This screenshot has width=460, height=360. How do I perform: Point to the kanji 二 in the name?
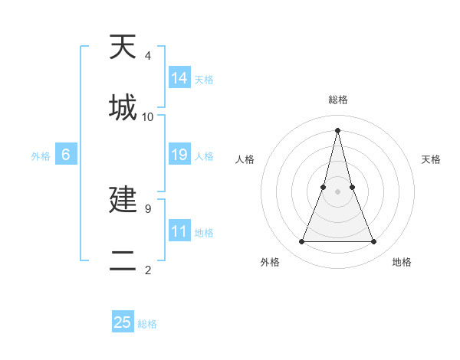click(123, 260)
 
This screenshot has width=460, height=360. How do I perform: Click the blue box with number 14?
click(179, 78)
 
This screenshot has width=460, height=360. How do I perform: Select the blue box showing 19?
click(179, 155)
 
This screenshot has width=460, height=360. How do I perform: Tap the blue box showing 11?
click(179, 231)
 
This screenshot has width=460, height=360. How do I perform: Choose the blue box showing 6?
click(66, 155)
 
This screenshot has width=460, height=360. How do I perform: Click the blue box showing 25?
click(123, 322)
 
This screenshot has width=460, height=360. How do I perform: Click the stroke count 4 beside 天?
click(148, 56)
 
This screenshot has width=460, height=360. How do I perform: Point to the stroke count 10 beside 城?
click(148, 117)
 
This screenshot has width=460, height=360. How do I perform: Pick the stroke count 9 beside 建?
click(148, 208)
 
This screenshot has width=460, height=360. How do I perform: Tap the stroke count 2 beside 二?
click(148, 270)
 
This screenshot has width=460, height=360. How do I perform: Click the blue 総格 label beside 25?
click(148, 324)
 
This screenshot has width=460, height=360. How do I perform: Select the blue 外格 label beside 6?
click(41, 156)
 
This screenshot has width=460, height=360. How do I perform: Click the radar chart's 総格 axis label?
click(337, 100)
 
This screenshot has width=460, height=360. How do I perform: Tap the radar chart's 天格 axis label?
click(431, 159)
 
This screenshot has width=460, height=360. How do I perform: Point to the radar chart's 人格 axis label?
click(245, 159)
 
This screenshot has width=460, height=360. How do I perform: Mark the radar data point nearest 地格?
click(374, 242)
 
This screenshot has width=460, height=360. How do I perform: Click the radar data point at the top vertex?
click(337, 129)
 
